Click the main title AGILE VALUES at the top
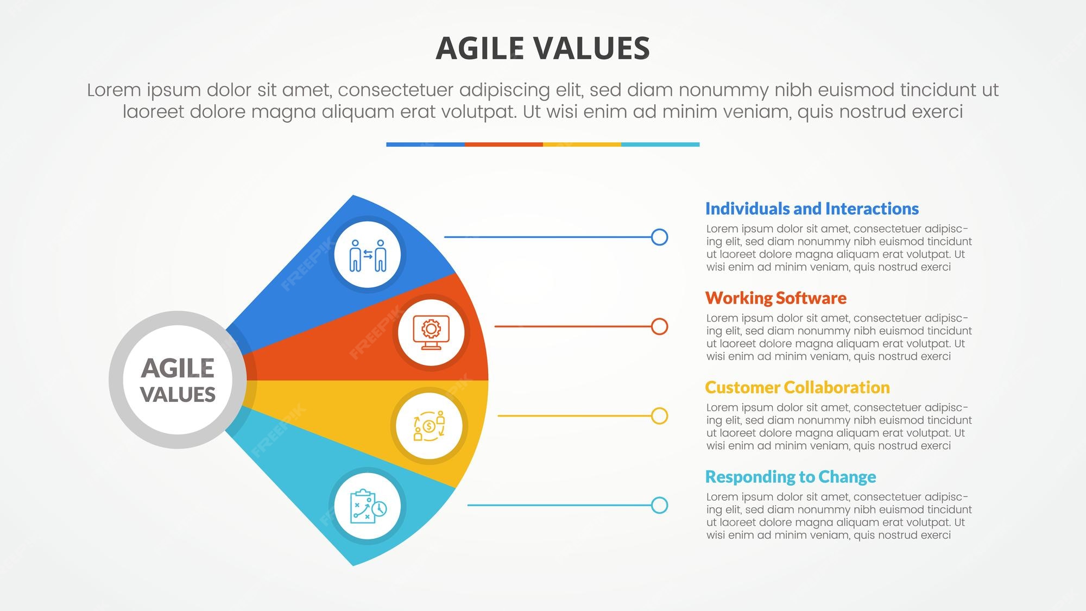point(542,48)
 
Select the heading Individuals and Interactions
point(812,209)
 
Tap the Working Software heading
point(775,298)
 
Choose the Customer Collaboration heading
point(797,387)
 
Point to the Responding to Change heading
point(790,477)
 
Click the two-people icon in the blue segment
point(368,255)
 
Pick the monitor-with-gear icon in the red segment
point(431,332)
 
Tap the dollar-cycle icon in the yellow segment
point(429,426)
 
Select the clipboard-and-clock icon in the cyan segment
point(368,506)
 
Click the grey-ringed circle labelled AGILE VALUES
point(178,380)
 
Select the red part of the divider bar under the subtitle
point(504,144)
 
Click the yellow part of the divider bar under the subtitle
point(582,144)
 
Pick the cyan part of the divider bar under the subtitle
point(660,144)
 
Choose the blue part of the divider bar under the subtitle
point(426,144)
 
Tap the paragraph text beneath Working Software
point(839,337)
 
